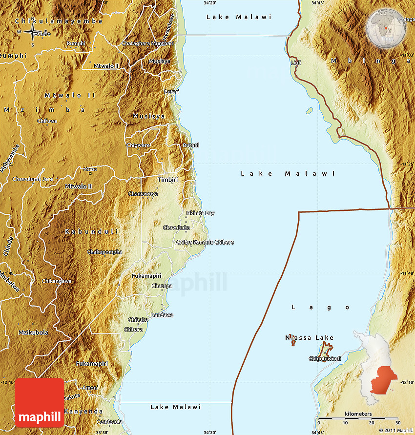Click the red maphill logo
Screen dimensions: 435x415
tap(40, 403)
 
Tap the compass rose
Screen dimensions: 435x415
tap(32, 33)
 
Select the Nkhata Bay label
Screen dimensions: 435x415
tap(200, 213)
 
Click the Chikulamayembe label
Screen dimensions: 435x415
tap(59, 21)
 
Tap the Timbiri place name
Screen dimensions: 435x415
tap(167, 180)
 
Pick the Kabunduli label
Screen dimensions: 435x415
tap(92, 231)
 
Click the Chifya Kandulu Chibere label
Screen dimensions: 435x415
tap(205, 243)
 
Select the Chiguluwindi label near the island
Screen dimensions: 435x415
tap(324, 359)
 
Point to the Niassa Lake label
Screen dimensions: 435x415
tap(310, 338)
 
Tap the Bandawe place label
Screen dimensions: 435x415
tap(162, 315)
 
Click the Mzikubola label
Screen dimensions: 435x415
tap(33, 332)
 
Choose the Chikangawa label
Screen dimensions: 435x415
tap(57, 281)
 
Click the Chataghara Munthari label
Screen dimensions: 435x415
tap(147, 43)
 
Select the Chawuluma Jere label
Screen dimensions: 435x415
tap(33, 179)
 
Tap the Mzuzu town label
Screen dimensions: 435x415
tap(90, 169)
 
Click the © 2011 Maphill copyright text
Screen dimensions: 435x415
tap(395, 430)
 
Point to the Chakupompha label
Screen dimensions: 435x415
tap(104, 252)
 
